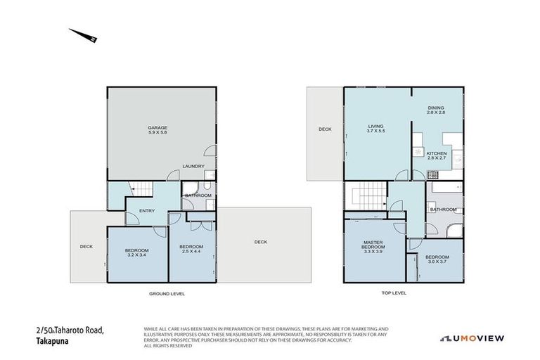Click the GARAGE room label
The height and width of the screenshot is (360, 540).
[157, 127]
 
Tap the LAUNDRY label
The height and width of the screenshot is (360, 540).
[193, 167]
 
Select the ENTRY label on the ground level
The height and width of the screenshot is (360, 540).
[146, 210]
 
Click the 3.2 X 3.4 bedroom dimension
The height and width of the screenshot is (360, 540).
[136, 255]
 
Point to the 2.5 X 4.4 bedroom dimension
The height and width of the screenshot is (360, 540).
[191, 251]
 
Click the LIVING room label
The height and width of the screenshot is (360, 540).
[375, 127]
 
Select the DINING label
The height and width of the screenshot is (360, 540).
[436, 108]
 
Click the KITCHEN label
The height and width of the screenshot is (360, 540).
[436, 153]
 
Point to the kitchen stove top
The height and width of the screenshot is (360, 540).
[418, 153]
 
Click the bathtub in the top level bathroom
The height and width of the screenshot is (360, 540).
[444, 188]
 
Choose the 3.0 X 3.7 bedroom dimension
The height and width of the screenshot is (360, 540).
[437, 261]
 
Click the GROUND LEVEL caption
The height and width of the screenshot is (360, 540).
[167, 293]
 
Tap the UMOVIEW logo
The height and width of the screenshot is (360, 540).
[472, 338]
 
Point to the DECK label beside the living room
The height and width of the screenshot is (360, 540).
[324, 129]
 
